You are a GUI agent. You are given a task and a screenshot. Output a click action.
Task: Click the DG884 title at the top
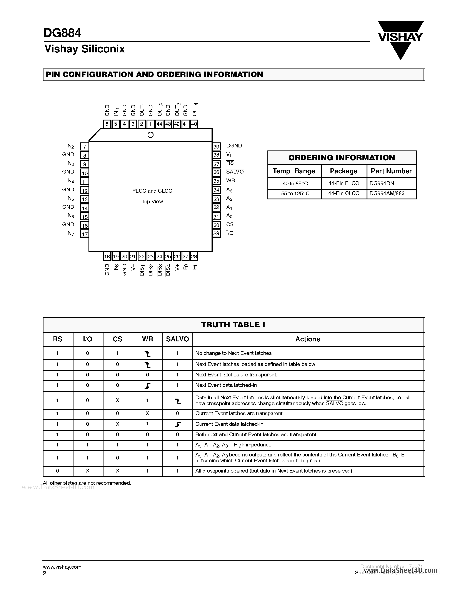[x=62, y=33]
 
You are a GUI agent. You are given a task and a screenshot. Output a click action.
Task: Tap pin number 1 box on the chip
[x=150, y=124]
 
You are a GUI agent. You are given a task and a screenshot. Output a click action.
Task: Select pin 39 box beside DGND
[x=217, y=147]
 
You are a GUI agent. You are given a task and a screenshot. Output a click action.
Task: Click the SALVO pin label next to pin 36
[x=235, y=172]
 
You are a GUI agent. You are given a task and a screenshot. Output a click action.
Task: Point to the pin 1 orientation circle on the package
[x=150, y=135]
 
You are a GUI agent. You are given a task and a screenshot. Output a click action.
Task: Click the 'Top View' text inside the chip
[x=152, y=202]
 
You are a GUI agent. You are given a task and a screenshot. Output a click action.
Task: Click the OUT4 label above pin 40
[x=195, y=110]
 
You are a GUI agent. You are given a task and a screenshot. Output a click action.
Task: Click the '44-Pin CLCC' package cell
[x=344, y=193]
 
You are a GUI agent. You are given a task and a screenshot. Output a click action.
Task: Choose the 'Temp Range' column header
[x=294, y=171]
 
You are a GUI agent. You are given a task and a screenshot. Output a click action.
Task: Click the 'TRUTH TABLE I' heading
[x=233, y=325]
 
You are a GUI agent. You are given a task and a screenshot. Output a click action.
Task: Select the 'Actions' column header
[x=308, y=339]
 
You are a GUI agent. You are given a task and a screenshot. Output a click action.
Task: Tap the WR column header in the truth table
[x=148, y=339]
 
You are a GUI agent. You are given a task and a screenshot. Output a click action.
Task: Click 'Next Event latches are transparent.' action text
[x=236, y=375]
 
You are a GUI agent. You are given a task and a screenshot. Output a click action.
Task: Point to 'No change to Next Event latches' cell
[x=234, y=353]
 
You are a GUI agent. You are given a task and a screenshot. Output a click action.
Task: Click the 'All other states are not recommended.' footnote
[x=87, y=483]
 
